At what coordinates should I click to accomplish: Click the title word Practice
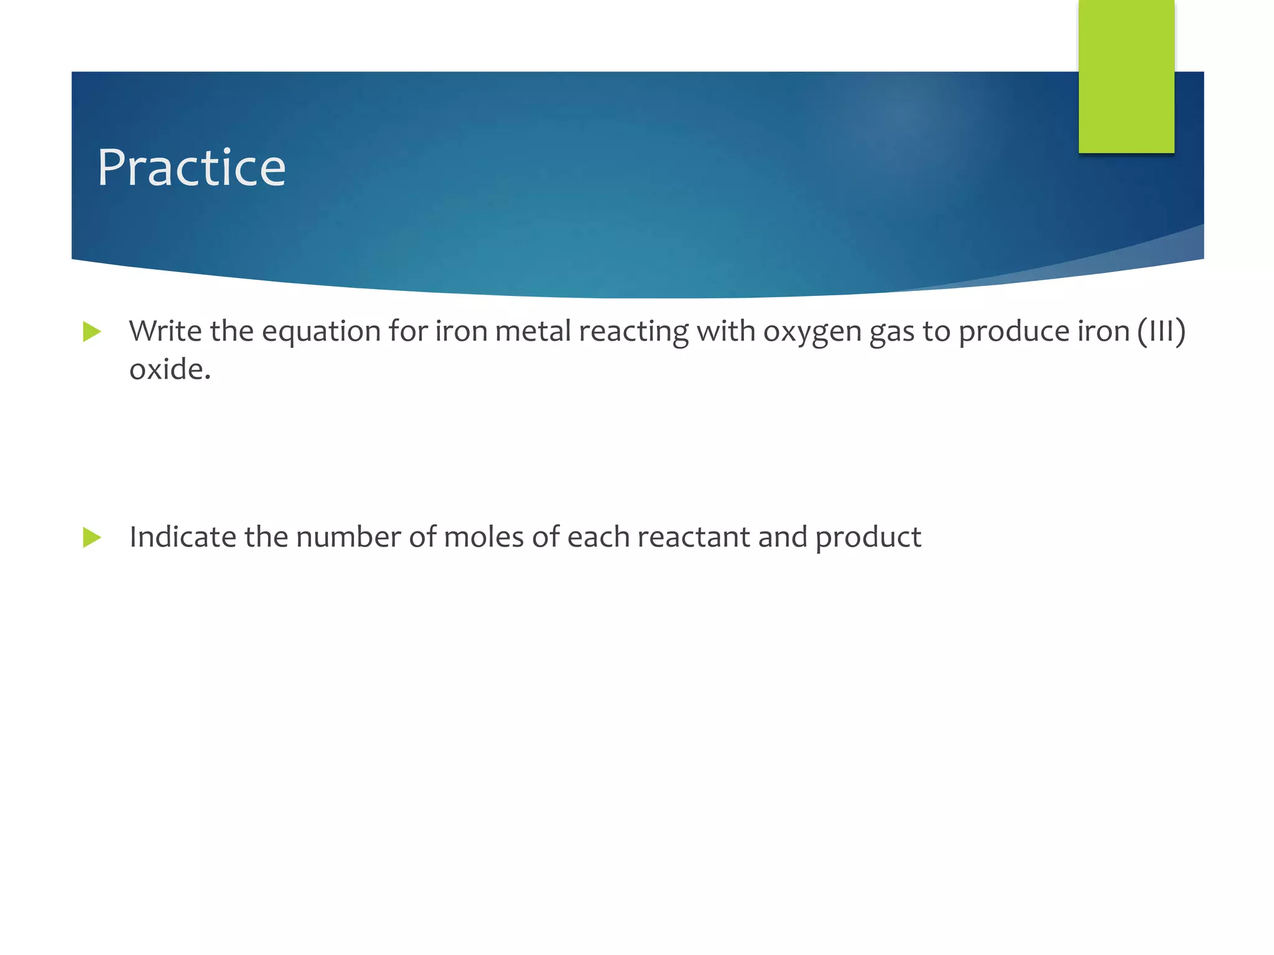[x=192, y=168]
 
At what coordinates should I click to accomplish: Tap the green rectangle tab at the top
[x=1126, y=76]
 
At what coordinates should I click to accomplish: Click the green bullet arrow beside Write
[x=92, y=331]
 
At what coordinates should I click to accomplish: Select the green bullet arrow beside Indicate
[x=92, y=537]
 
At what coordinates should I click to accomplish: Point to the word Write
[x=165, y=331]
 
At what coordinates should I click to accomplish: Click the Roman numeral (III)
[x=1161, y=331]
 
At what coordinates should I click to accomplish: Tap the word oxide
[x=170, y=369]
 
